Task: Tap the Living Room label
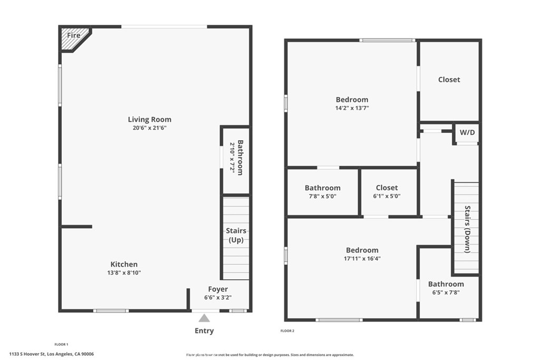point(149,120)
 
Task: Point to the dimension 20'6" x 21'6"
point(149,128)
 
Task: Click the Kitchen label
point(124,264)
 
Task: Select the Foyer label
point(218,289)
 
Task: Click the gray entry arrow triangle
point(204,318)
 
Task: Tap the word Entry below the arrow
point(204,330)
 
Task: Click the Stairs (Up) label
point(236,235)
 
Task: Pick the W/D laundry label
point(467,132)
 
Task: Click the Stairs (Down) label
point(468,229)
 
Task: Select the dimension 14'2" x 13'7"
point(352,108)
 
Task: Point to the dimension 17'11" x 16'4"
point(362,258)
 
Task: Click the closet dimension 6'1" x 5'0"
point(387,196)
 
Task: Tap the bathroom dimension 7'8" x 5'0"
point(323,196)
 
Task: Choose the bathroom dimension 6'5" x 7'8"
point(446,293)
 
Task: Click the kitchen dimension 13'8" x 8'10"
point(124,273)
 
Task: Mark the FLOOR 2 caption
point(287,331)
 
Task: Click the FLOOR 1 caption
point(61,345)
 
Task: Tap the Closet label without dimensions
point(449,80)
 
